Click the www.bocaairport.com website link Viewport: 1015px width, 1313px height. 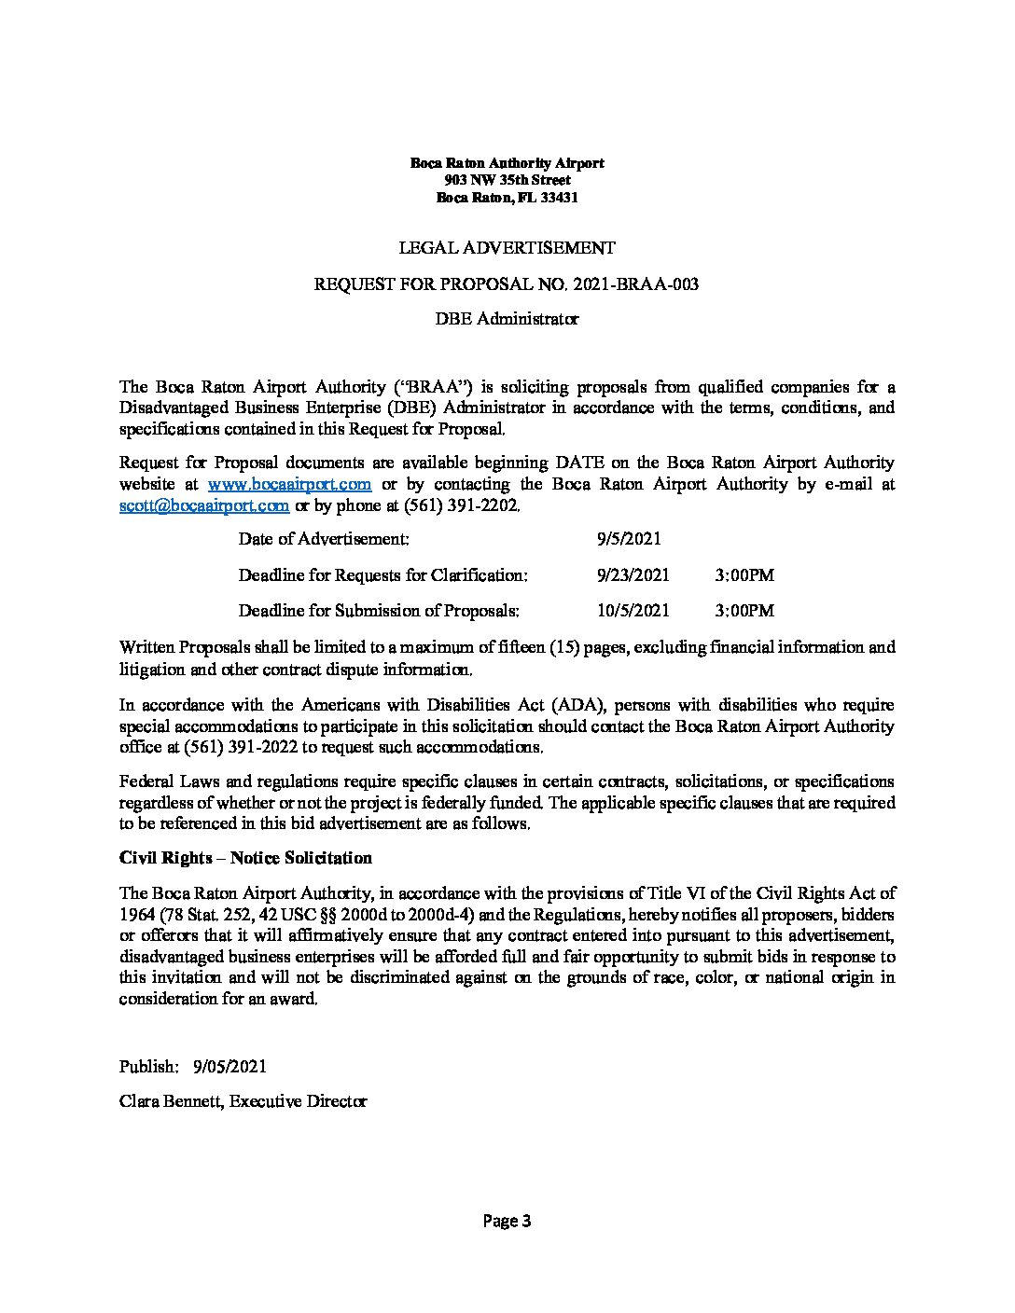coord(290,484)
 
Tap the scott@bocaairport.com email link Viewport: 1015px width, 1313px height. coord(203,505)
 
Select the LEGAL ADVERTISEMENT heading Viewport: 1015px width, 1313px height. coord(507,248)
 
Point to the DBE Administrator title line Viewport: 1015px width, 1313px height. coord(507,319)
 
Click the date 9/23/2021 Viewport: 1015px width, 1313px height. coord(633,575)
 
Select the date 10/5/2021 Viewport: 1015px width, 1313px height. coord(633,611)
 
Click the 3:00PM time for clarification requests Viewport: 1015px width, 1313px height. coord(744,575)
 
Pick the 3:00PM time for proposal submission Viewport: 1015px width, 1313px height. coord(744,611)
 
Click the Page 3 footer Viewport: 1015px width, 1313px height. coord(507,1221)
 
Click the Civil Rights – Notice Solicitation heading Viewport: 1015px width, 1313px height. coord(245,858)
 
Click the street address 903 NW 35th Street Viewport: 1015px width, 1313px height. coord(507,180)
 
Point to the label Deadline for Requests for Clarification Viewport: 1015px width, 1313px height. coord(382,575)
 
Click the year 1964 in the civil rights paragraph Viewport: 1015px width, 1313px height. coord(135,913)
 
